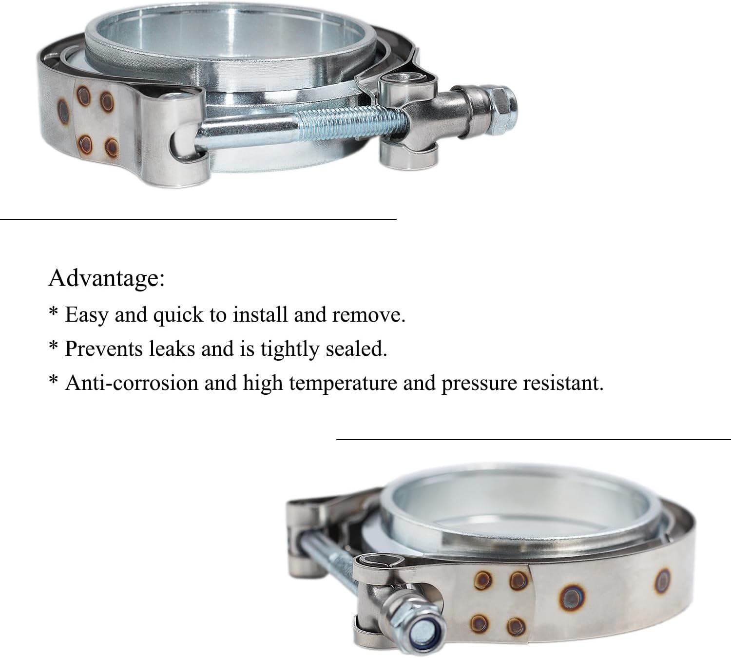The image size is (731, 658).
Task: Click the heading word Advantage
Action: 106,278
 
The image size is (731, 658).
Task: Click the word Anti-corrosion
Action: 131,383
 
